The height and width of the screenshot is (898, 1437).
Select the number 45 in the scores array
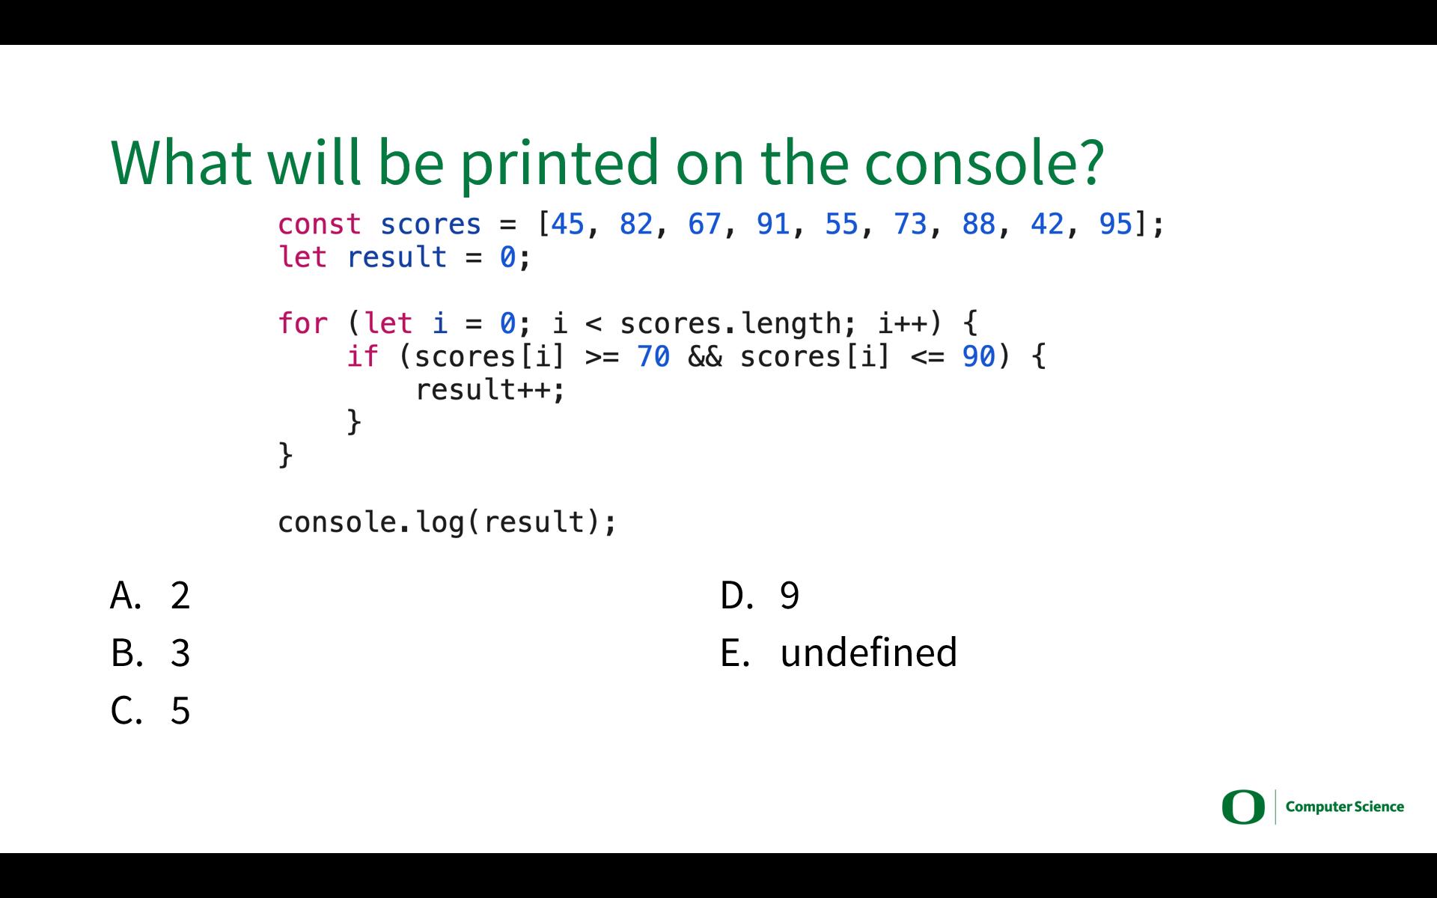coord(567,224)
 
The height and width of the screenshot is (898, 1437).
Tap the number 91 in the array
coord(773,224)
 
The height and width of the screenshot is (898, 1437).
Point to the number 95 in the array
coord(1116,224)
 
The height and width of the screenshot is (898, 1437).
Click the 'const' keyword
coord(320,224)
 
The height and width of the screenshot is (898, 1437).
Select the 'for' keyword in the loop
coord(302,323)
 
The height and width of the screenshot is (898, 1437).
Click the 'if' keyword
coord(362,356)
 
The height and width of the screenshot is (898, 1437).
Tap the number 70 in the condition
coord(653,356)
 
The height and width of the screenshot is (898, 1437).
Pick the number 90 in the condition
coord(979,356)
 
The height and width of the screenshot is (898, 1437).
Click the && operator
coord(705,356)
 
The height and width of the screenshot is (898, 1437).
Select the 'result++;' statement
coord(490,390)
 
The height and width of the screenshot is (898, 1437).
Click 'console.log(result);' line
coord(448,522)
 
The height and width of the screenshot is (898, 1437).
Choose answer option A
coord(150,596)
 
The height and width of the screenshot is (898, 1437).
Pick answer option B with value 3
coord(150,653)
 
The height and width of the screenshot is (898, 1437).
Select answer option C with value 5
coord(150,710)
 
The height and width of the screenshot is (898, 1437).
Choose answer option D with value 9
coord(760,596)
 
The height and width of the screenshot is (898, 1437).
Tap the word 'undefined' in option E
coord(869,652)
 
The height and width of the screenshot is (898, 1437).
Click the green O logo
coord(1243,807)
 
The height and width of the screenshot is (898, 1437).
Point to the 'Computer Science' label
coord(1345,807)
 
